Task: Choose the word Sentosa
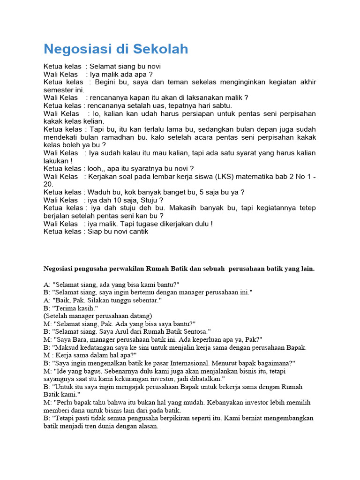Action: click(x=196, y=331)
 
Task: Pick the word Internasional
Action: click(x=187, y=363)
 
